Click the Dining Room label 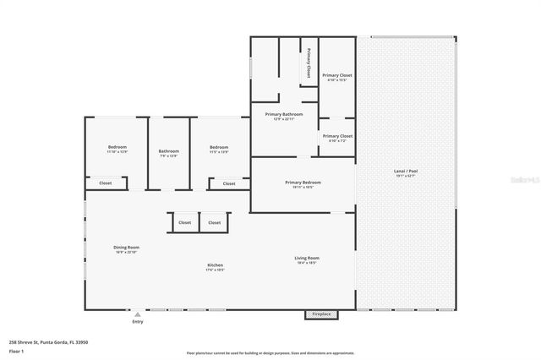click(x=125, y=248)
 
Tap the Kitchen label click(x=215, y=265)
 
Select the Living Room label click(x=306, y=258)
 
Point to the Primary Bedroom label click(x=303, y=182)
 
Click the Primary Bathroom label click(x=284, y=114)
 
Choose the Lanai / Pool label click(x=405, y=171)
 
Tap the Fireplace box click(x=321, y=314)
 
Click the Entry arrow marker click(x=138, y=314)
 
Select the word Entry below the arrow click(x=138, y=322)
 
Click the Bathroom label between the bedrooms click(x=168, y=151)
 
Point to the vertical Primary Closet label click(x=309, y=62)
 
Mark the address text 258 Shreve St click(x=48, y=342)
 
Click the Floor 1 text click(x=17, y=350)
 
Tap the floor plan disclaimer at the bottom click(x=270, y=353)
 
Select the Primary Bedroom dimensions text click(x=303, y=187)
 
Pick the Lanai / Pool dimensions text click(x=405, y=176)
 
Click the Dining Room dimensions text click(x=125, y=253)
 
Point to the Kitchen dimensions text click(x=215, y=270)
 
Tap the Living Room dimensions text click(x=306, y=263)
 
